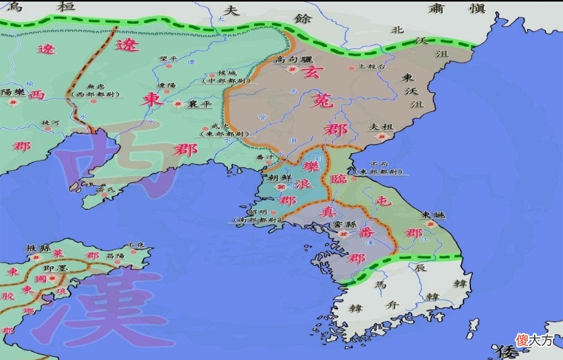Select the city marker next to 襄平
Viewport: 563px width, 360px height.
[x=177, y=104]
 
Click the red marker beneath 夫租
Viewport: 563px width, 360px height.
[x=383, y=136]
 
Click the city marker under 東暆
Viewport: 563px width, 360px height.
[x=431, y=224]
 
